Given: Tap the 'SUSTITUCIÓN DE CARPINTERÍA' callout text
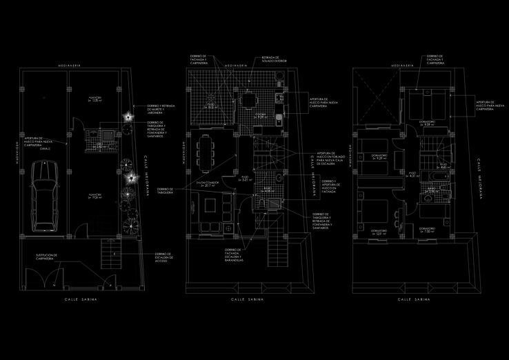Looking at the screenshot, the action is pyautogui.click(x=46, y=257).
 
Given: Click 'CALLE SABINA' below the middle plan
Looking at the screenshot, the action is pyautogui.click(x=246, y=301).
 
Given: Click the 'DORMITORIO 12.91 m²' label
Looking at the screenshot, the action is pyautogui.click(x=375, y=231).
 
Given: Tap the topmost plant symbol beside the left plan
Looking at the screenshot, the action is pyautogui.click(x=127, y=117).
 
